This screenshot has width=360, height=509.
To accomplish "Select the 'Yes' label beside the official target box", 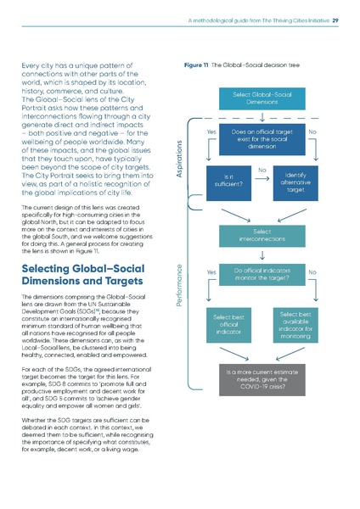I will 211,132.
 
